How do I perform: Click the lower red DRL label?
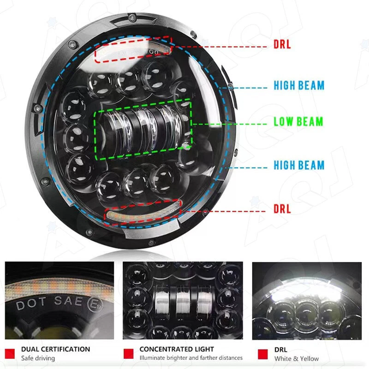click(x=282, y=209)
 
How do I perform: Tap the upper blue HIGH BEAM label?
click(x=299, y=85)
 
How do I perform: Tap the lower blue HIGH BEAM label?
click(x=299, y=165)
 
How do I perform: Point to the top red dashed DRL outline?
click(x=133, y=49)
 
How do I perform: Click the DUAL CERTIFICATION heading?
click(x=55, y=349)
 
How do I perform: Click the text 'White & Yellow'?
click(x=296, y=358)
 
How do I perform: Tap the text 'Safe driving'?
click(x=38, y=358)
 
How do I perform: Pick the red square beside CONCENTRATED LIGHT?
click(x=129, y=353)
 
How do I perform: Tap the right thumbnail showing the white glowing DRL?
click(x=306, y=301)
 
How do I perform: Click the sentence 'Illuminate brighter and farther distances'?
click(x=191, y=358)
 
